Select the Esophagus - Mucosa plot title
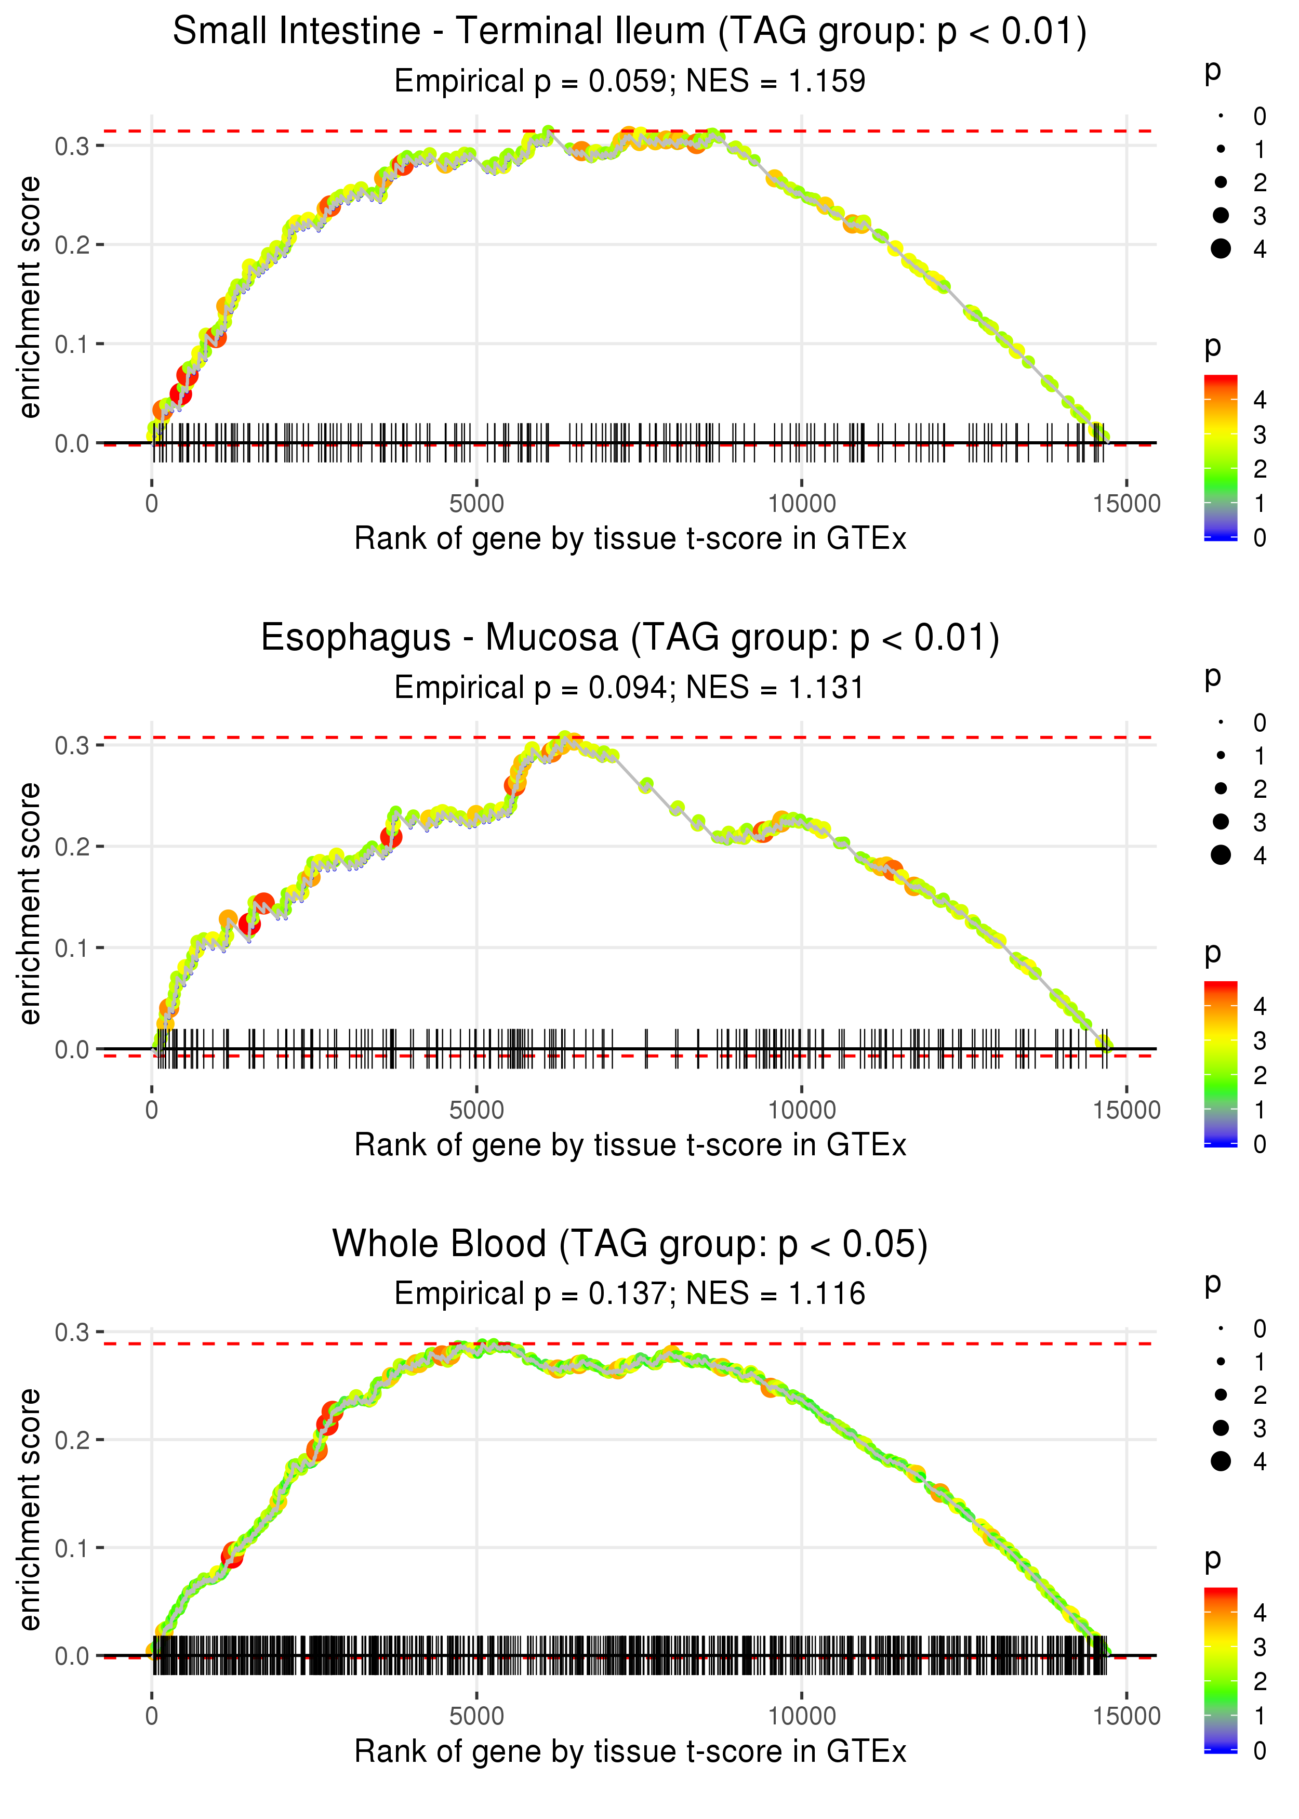click(x=630, y=638)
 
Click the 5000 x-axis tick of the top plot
click(x=476, y=504)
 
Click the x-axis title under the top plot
click(x=630, y=539)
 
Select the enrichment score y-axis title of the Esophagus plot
click(x=30, y=904)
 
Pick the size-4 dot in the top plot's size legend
click(x=1221, y=249)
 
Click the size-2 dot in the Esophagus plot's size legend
click(x=1221, y=789)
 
